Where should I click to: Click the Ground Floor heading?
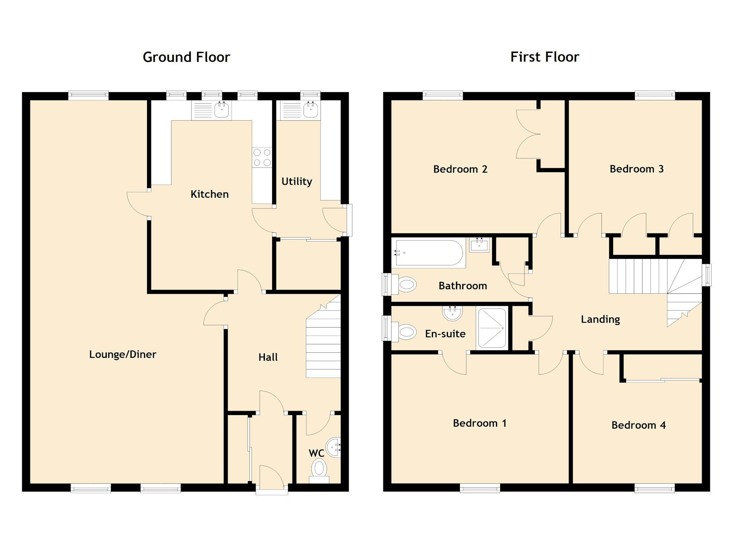[186, 57]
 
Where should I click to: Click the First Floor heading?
[544, 57]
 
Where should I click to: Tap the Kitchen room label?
[210, 194]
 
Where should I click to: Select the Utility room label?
[297, 182]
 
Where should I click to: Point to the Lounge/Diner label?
[123, 354]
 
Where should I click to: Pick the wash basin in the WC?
[334, 447]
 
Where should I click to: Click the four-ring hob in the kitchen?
[262, 157]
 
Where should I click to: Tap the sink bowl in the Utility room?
[310, 110]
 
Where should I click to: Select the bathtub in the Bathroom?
[429, 253]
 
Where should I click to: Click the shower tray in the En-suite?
[492, 328]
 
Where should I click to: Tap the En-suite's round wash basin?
[452, 313]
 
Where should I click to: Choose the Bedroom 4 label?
[638, 425]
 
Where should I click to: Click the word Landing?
[600, 319]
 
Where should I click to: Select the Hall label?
[268, 357]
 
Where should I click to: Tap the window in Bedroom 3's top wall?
[655, 96]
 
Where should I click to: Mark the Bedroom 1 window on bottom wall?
[480, 488]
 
